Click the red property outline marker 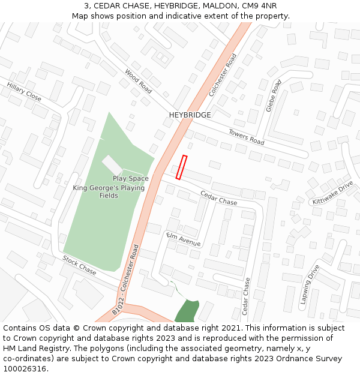point(181,167)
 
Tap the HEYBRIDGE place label point(190,115)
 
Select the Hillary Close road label point(24,92)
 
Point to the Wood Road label point(138,80)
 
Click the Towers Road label point(246,137)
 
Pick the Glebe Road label point(274,96)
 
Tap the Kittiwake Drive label point(332,193)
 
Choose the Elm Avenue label point(183,239)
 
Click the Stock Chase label point(79,265)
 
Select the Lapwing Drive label point(310,284)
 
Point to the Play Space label point(130,179)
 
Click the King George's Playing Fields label point(109,192)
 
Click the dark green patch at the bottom point(186,311)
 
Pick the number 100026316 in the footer point(24,368)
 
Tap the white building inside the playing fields point(112,165)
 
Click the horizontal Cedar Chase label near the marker point(218,199)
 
